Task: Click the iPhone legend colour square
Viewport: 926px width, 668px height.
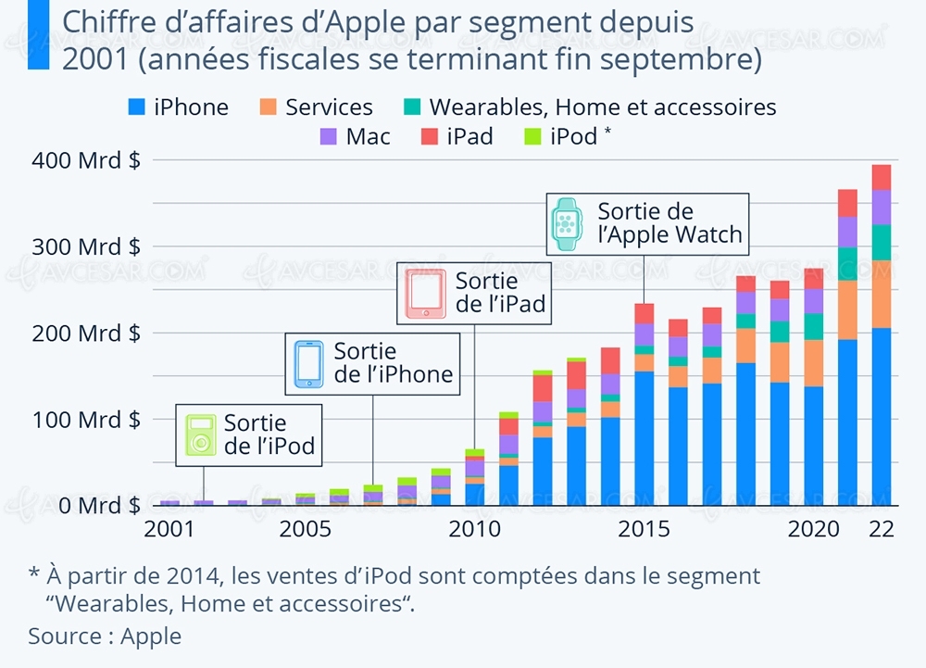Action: click(x=136, y=107)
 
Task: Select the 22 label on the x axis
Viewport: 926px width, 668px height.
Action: click(x=882, y=530)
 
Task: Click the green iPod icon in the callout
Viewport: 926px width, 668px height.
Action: click(x=200, y=435)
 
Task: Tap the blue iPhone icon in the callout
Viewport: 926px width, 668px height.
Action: click(x=308, y=364)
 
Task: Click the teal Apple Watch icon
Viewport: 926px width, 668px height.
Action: click(x=566, y=223)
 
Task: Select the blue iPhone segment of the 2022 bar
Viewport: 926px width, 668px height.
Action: click(x=882, y=417)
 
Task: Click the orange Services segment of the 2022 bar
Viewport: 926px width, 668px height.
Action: click(x=882, y=294)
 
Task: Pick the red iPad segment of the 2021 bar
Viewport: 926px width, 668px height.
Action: click(x=847, y=203)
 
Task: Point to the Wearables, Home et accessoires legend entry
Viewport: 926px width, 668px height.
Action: click(x=602, y=107)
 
